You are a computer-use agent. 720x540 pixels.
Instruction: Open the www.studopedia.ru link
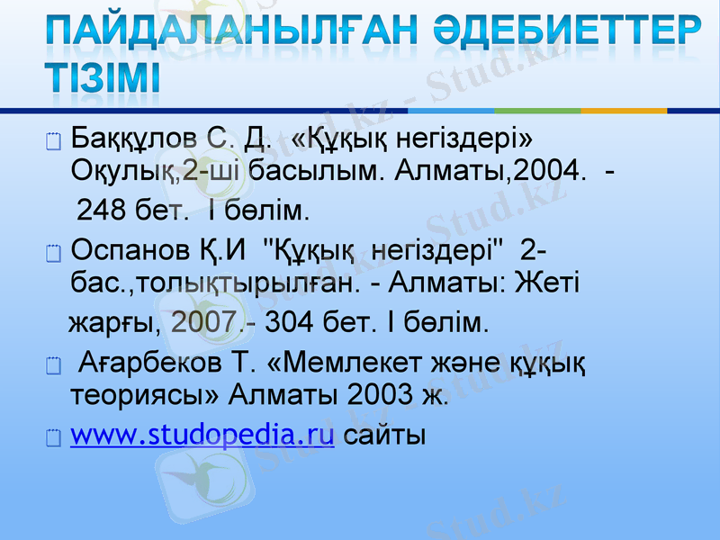(x=202, y=436)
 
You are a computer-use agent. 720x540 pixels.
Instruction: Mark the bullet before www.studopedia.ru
(x=52, y=439)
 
